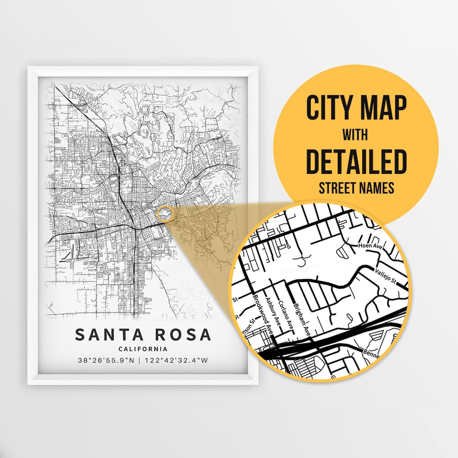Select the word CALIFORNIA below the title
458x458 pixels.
tap(143, 349)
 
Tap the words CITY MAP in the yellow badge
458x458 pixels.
tap(356, 109)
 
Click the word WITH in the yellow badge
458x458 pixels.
tap(356, 136)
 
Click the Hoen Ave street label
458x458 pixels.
tap(368, 246)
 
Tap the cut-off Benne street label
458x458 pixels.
tap(371, 352)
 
